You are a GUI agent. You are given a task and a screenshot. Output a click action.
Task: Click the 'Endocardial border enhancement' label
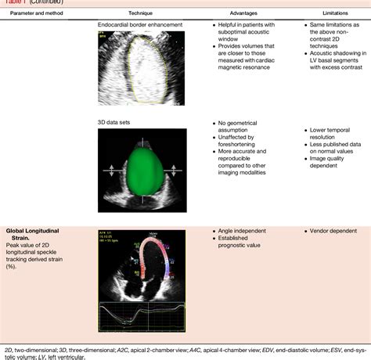coord(141,26)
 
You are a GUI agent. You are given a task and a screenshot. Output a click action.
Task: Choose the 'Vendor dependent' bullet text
coord(333,232)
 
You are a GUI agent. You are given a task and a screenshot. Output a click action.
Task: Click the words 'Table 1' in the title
coord(14,2)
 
